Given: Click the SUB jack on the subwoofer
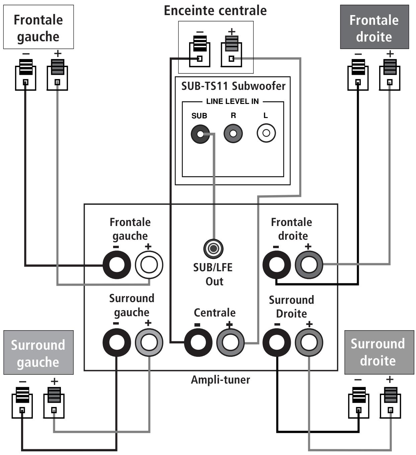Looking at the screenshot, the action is [200, 134].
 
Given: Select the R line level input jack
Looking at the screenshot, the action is [233, 133].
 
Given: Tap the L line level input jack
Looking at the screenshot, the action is [266, 133].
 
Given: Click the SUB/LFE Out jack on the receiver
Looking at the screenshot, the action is [213, 248].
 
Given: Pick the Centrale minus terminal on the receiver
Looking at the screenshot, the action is [198, 342].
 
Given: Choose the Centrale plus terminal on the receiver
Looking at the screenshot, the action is [231, 342].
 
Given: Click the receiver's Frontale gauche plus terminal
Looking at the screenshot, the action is [149, 265].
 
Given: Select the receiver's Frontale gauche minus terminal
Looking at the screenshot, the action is [116, 265].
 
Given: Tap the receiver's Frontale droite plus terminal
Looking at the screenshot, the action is [309, 265].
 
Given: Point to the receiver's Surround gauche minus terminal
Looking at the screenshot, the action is [116, 342].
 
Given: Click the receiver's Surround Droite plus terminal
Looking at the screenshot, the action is [309, 342].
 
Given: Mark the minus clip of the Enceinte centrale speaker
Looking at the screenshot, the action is [200, 51].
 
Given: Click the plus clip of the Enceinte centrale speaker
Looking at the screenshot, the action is [232, 51].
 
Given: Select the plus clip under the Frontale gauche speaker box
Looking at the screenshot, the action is [57, 75].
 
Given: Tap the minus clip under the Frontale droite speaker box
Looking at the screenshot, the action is [358, 75].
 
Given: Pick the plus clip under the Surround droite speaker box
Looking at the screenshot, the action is [391, 403].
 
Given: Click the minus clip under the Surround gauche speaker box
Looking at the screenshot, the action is [22, 403].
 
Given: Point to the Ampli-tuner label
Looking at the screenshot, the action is [220, 380].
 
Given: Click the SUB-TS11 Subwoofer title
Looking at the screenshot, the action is [233, 86].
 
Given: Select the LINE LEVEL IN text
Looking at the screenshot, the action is [232, 101].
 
